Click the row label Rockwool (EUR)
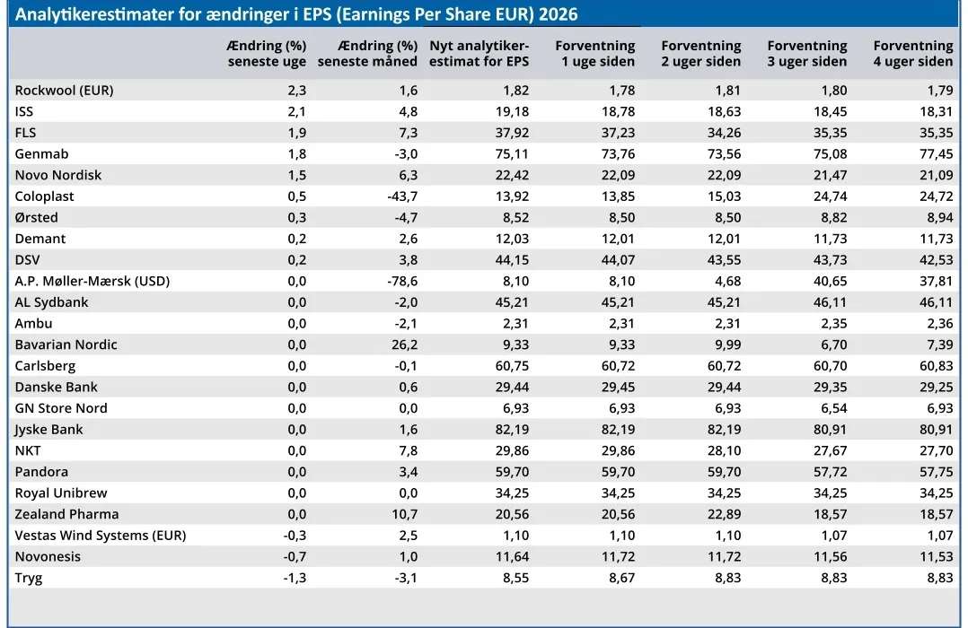[65, 90]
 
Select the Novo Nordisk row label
[58, 175]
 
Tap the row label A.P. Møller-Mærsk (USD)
[92, 282]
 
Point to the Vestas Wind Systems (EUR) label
[100, 536]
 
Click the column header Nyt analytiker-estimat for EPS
[480, 54]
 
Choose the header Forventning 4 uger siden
[913, 54]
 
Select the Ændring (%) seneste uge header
[267, 54]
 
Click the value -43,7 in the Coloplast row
[402, 196]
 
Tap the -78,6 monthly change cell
[402, 282]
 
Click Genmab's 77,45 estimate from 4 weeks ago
[937, 154]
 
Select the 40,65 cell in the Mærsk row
[831, 282]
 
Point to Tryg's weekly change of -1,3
[295, 578]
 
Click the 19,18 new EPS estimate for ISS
[513, 111]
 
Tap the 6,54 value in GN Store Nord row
[833, 408]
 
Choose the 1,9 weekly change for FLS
[297, 133]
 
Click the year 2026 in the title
[559, 14]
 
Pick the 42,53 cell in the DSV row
[937, 260]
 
